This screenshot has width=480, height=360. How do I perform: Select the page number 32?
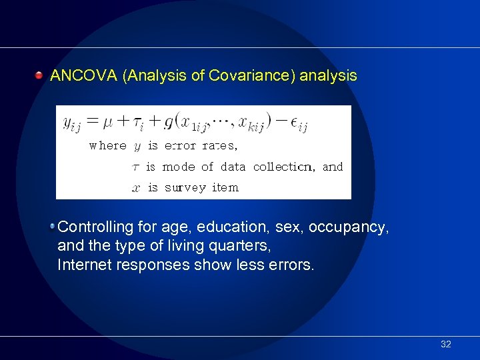coord(446,344)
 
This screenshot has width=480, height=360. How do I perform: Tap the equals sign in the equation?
coord(91,121)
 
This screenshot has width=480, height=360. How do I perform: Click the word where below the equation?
coord(107,145)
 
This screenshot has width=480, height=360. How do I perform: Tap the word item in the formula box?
coord(225,187)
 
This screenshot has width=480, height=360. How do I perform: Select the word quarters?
coord(241,246)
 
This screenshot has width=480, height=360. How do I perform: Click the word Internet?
coord(83,265)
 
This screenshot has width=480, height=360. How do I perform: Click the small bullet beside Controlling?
coord(52,226)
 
